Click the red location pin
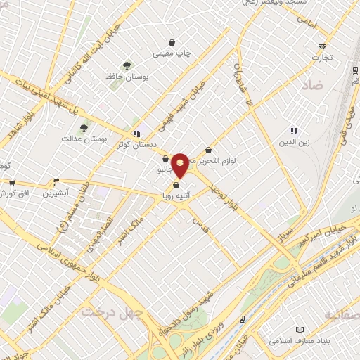(180, 165)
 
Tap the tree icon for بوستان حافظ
(127, 65)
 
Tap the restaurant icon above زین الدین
(294, 131)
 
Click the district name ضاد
(314, 87)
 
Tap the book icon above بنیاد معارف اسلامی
(300, 330)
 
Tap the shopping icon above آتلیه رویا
(175, 186)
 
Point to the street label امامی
(307, 25)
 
